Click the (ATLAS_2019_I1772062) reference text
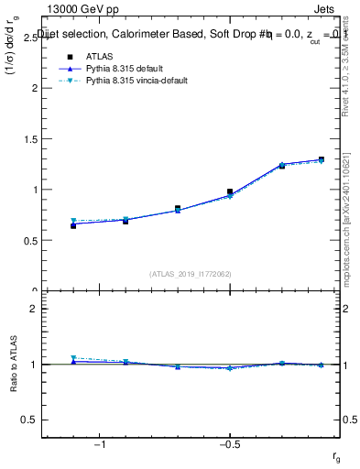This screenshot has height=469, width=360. pos(190,274)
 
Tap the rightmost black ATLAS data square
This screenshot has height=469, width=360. pos(321,159)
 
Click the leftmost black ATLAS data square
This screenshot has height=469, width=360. pos(73,225)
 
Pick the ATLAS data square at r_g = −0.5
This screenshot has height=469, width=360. pos(230,191)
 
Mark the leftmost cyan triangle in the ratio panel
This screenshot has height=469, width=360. pos(73,358)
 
